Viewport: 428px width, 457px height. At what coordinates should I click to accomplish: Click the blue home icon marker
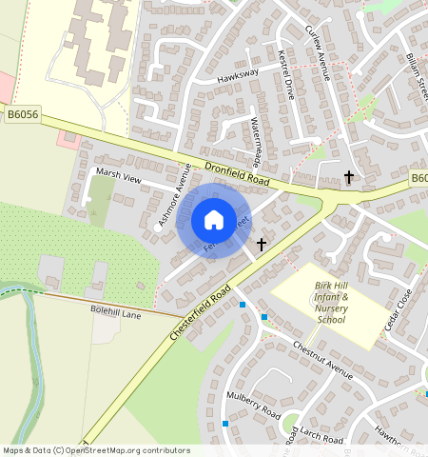(214, 220)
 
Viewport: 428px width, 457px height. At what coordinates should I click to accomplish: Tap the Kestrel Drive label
(285, 74)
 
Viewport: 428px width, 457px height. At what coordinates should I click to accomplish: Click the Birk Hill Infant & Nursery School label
(331, 302)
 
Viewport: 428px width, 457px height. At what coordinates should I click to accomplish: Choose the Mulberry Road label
(253, 407)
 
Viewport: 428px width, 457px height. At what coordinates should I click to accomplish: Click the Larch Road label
(320, 436)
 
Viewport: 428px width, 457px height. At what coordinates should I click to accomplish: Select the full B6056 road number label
(23, 115)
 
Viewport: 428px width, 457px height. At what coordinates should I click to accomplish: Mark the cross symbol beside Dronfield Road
(349, 177)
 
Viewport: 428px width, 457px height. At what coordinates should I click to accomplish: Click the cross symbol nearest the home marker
(262, 245)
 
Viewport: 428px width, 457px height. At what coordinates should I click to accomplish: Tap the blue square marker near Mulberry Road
(225, 423)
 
